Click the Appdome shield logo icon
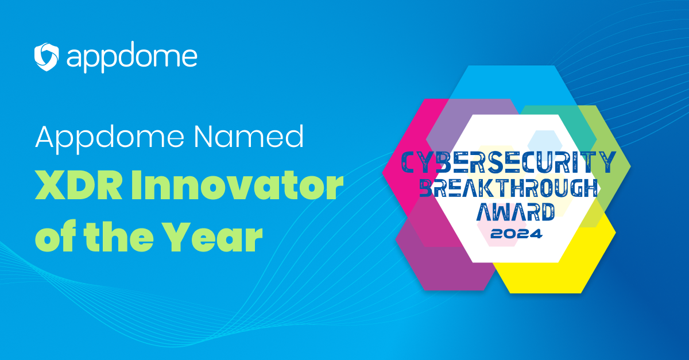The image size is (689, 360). pos(47,57)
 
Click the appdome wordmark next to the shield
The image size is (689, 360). pos(132,57)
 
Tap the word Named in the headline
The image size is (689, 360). pos(249,136)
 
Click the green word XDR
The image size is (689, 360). pos(79,185)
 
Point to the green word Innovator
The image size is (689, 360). pos(237,185)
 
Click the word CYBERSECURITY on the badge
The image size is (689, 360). pos(509,162)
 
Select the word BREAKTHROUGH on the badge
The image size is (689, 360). pos(509,188)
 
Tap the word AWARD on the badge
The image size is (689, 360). pos(516,212)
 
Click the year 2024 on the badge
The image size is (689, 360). pos(516,234)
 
